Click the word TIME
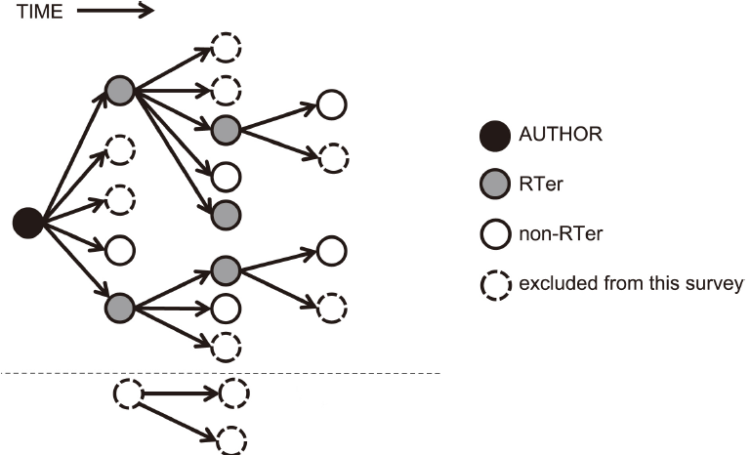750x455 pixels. point(36,12)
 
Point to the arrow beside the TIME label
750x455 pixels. point(115,12)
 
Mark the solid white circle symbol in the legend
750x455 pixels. point(498,234)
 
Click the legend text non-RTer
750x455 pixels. point(558,234)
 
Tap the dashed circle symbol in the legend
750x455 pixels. point(498,285)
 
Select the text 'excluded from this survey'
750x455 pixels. point(631,284)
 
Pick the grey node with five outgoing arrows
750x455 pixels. point(119,91)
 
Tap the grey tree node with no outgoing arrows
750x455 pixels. point(226,212)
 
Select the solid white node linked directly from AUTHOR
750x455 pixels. point(119,249)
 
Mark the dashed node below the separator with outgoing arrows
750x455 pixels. point(127,394)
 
